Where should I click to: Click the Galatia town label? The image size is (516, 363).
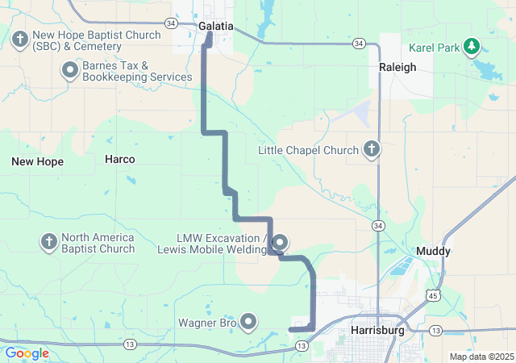(215, 26)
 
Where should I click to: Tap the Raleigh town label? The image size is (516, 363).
(397, 68)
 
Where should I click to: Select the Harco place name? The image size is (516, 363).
(119, 159)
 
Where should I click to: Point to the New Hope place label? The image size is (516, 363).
(37, 161)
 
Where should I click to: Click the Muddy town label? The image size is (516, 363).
(433, 252)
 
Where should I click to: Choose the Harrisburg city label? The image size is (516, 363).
(377, 331)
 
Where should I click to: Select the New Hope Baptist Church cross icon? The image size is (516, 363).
(20, 38)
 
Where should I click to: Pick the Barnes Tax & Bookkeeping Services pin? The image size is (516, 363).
(69, 71)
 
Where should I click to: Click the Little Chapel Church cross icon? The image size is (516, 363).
(372, 150)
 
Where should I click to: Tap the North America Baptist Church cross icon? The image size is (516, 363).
(48, 242)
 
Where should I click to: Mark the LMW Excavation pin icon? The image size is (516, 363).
(281, 242)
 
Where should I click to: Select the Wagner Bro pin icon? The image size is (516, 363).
(248, 323)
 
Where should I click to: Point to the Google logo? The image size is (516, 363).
(27, 353)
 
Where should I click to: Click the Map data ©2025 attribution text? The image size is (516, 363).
(481, 357)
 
